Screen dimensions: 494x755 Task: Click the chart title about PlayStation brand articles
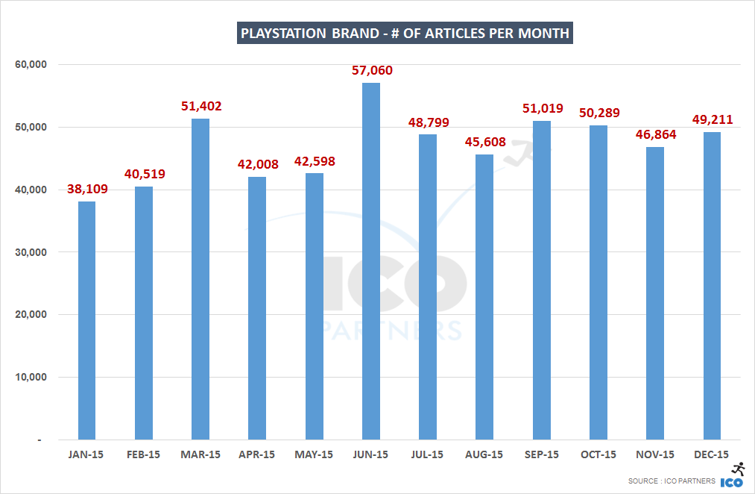pyautogui.click(x=405, y=34)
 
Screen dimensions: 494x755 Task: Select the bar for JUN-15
pyautogui.click(x=371, y=261)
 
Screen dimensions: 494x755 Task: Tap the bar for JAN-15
pyautogui.click(x=86, y=320)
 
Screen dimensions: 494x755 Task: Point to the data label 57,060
pyautogui.click(x=371, y=71)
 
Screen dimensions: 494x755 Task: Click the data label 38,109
pyautogui.click(x=86, y=190)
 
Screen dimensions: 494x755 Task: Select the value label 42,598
pyautogui.click(x=315, y=162)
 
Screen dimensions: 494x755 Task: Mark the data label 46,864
pyautogui.click(x=655, y=135)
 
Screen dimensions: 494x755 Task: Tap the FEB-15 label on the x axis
pyautogui.click(x=144, y=454)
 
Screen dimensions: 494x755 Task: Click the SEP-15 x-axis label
pyautogui.click(x=542, y=454)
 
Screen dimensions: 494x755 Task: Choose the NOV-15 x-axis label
pyautogui.click(x=655, y=454)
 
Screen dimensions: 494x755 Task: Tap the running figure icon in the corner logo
pyautogui.click(x=739, y=469)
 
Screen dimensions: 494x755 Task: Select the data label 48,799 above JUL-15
pyautogui.click(x=428, y=122)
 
